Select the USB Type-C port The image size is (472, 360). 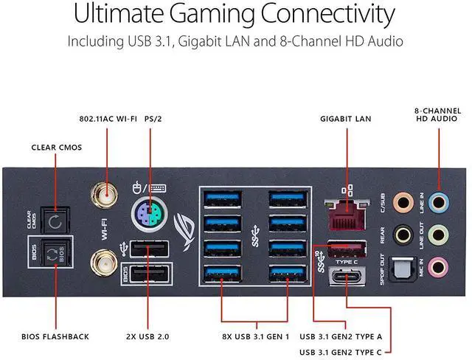346,279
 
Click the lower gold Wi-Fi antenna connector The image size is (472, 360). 102,261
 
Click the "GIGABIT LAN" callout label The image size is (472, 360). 346,118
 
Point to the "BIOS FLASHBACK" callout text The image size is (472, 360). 55,336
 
